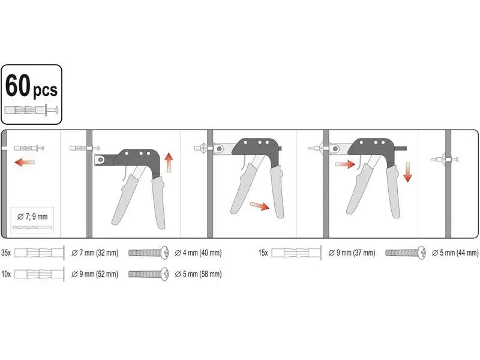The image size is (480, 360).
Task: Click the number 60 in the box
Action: (x=18, y=86)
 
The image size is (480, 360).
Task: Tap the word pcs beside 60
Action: (x=45, y=91)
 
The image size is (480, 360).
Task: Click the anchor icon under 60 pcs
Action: (x=31, y=110)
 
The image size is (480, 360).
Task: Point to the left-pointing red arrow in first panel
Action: (x=25, y=162)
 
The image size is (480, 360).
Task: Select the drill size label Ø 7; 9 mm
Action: (x=32, y=217)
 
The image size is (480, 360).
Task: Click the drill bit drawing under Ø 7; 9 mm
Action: (x=32, y=228)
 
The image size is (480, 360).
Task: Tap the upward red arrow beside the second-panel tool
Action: (x=169, y=163)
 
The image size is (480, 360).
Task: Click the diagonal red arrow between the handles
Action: (x=260, y=206)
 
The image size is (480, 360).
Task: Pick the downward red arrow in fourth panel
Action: (x=407, y=172)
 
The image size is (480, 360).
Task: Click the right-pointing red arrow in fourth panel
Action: (x=346, y=164)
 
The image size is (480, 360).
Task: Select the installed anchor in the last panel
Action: (x=445, y=159)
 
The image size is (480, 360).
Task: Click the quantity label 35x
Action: (x=6, y=253)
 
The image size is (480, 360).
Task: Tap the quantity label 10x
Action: (x=6, y=274)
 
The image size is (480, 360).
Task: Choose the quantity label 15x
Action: (x=263, y=253)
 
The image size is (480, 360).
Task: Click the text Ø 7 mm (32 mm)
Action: (x=95, y=253)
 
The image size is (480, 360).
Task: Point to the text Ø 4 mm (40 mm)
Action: (x=198, y=253)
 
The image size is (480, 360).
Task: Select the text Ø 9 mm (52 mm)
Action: (x=95, y=274)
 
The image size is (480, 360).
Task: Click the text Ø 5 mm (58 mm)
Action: (x=198, y=274)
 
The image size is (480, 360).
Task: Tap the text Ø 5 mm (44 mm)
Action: (x=455, y=253)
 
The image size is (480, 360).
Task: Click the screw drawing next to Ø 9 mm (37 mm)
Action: (x=406, y=253)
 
